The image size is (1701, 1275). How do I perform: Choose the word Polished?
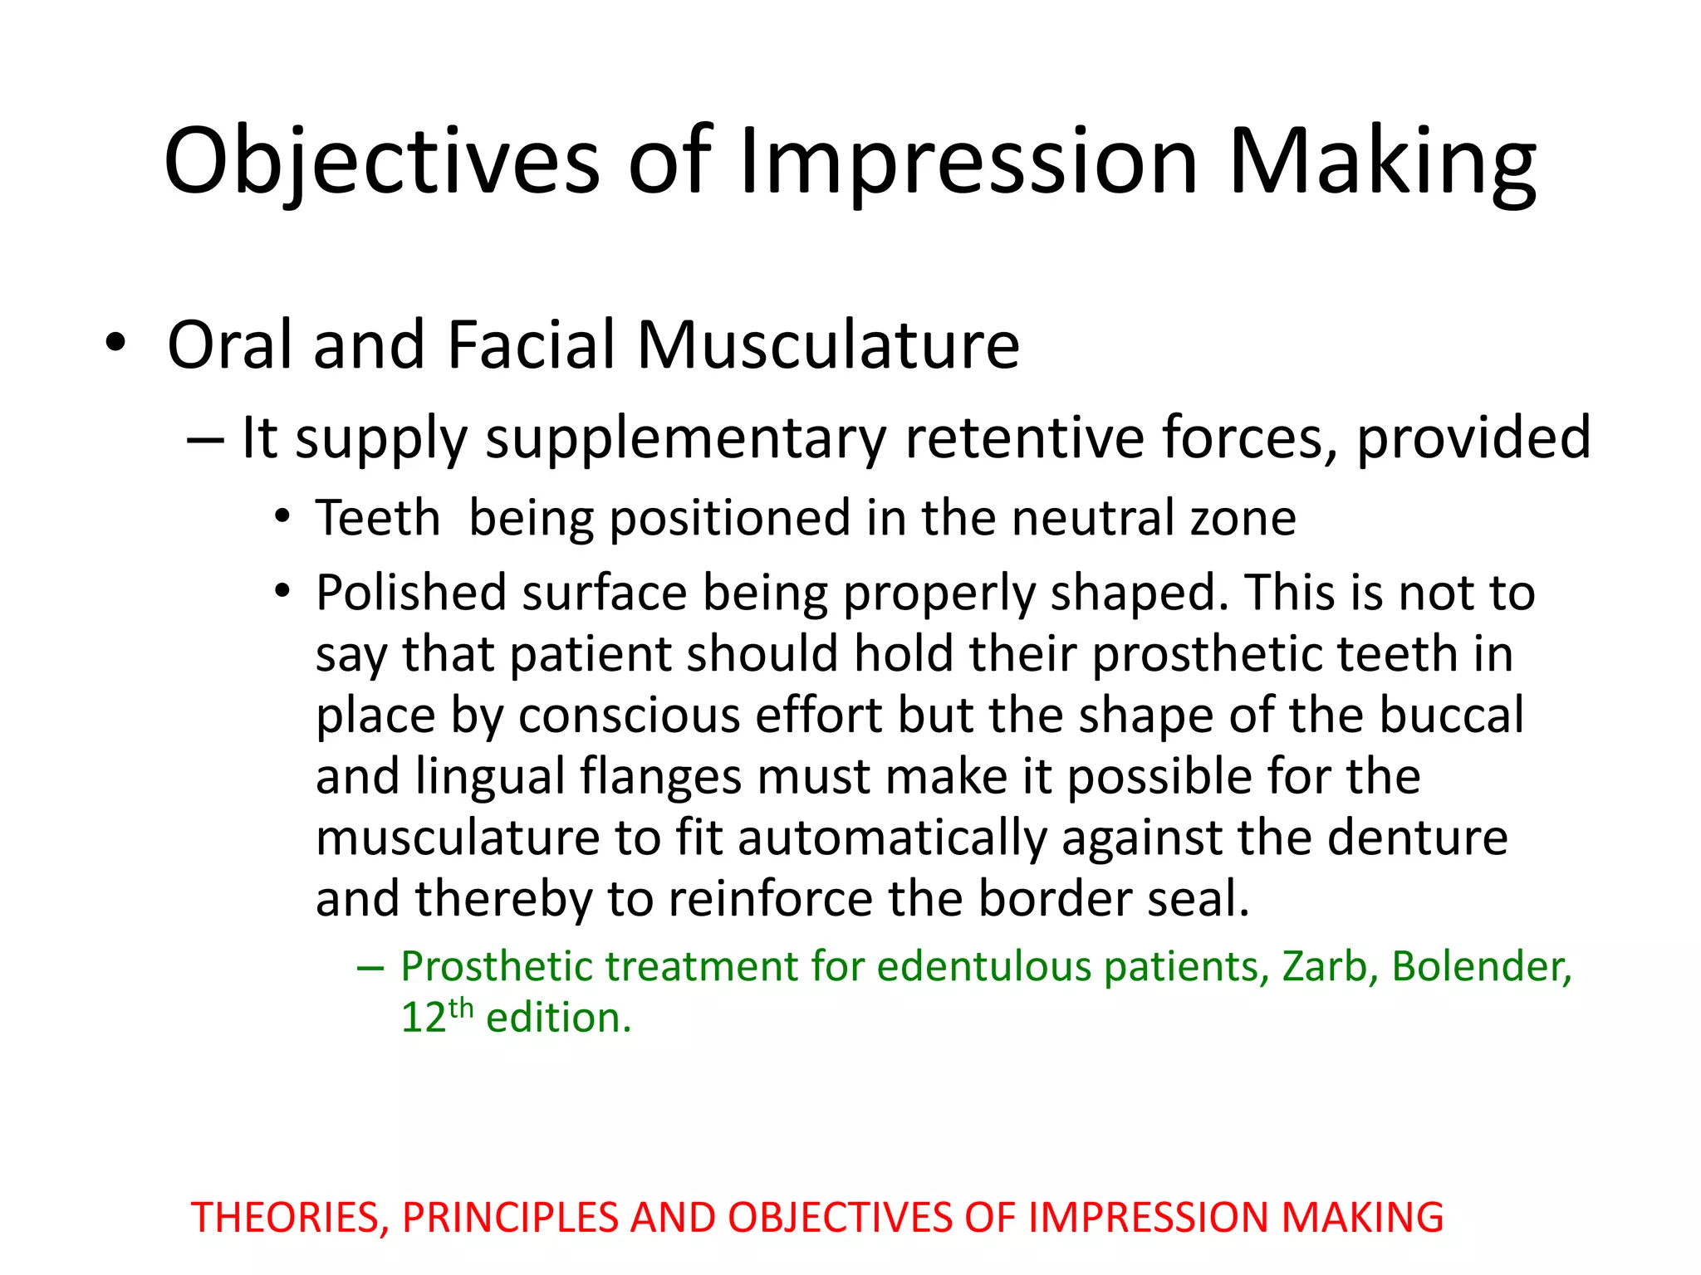[411, 593]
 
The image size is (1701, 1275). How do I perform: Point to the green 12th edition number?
[437, 1017]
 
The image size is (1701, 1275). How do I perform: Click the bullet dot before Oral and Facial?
[115, 343]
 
